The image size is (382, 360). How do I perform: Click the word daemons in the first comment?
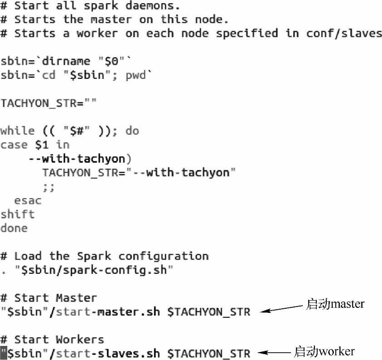(x=153, y=6)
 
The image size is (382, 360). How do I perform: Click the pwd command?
(x=135, y=75)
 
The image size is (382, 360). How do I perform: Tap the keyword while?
(x=17, y=131)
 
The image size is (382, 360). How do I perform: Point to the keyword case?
(x=14, y=145)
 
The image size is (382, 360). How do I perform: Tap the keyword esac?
(x=28, y=200)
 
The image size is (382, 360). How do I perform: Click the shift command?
(x=17, y=214)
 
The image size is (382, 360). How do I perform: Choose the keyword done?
(x=14, y=228)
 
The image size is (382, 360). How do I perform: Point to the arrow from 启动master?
(x=281, y=309)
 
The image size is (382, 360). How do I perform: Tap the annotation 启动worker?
(x=324, y=351)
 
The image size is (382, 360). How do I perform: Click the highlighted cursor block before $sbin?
(x=4, y=353)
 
